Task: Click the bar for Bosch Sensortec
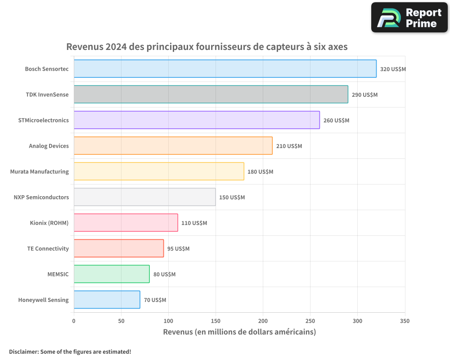tap(225, 69)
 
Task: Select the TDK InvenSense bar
tap(211, 94)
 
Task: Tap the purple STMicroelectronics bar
tap(197, 120)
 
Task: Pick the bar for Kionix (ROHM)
tap(126, 223)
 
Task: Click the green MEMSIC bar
tap(112, 274)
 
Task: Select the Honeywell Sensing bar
tap(107, 300)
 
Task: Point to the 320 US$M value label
tap(393, 69)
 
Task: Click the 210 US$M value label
tap(289, 146)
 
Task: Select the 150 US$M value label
tap(232, 198)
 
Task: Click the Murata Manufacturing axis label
tap(40, 171)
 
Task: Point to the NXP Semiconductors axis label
tap(41, 197)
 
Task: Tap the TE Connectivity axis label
tap(48, 248)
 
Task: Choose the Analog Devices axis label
tap(49, 146)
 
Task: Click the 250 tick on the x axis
tap(310, 321)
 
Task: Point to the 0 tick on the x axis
tap(74, 321)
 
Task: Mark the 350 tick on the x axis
tap(405, 321)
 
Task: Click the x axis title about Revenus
tap(239, 332)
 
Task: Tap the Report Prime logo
tap(409, 18)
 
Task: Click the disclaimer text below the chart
tap(70, 351)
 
